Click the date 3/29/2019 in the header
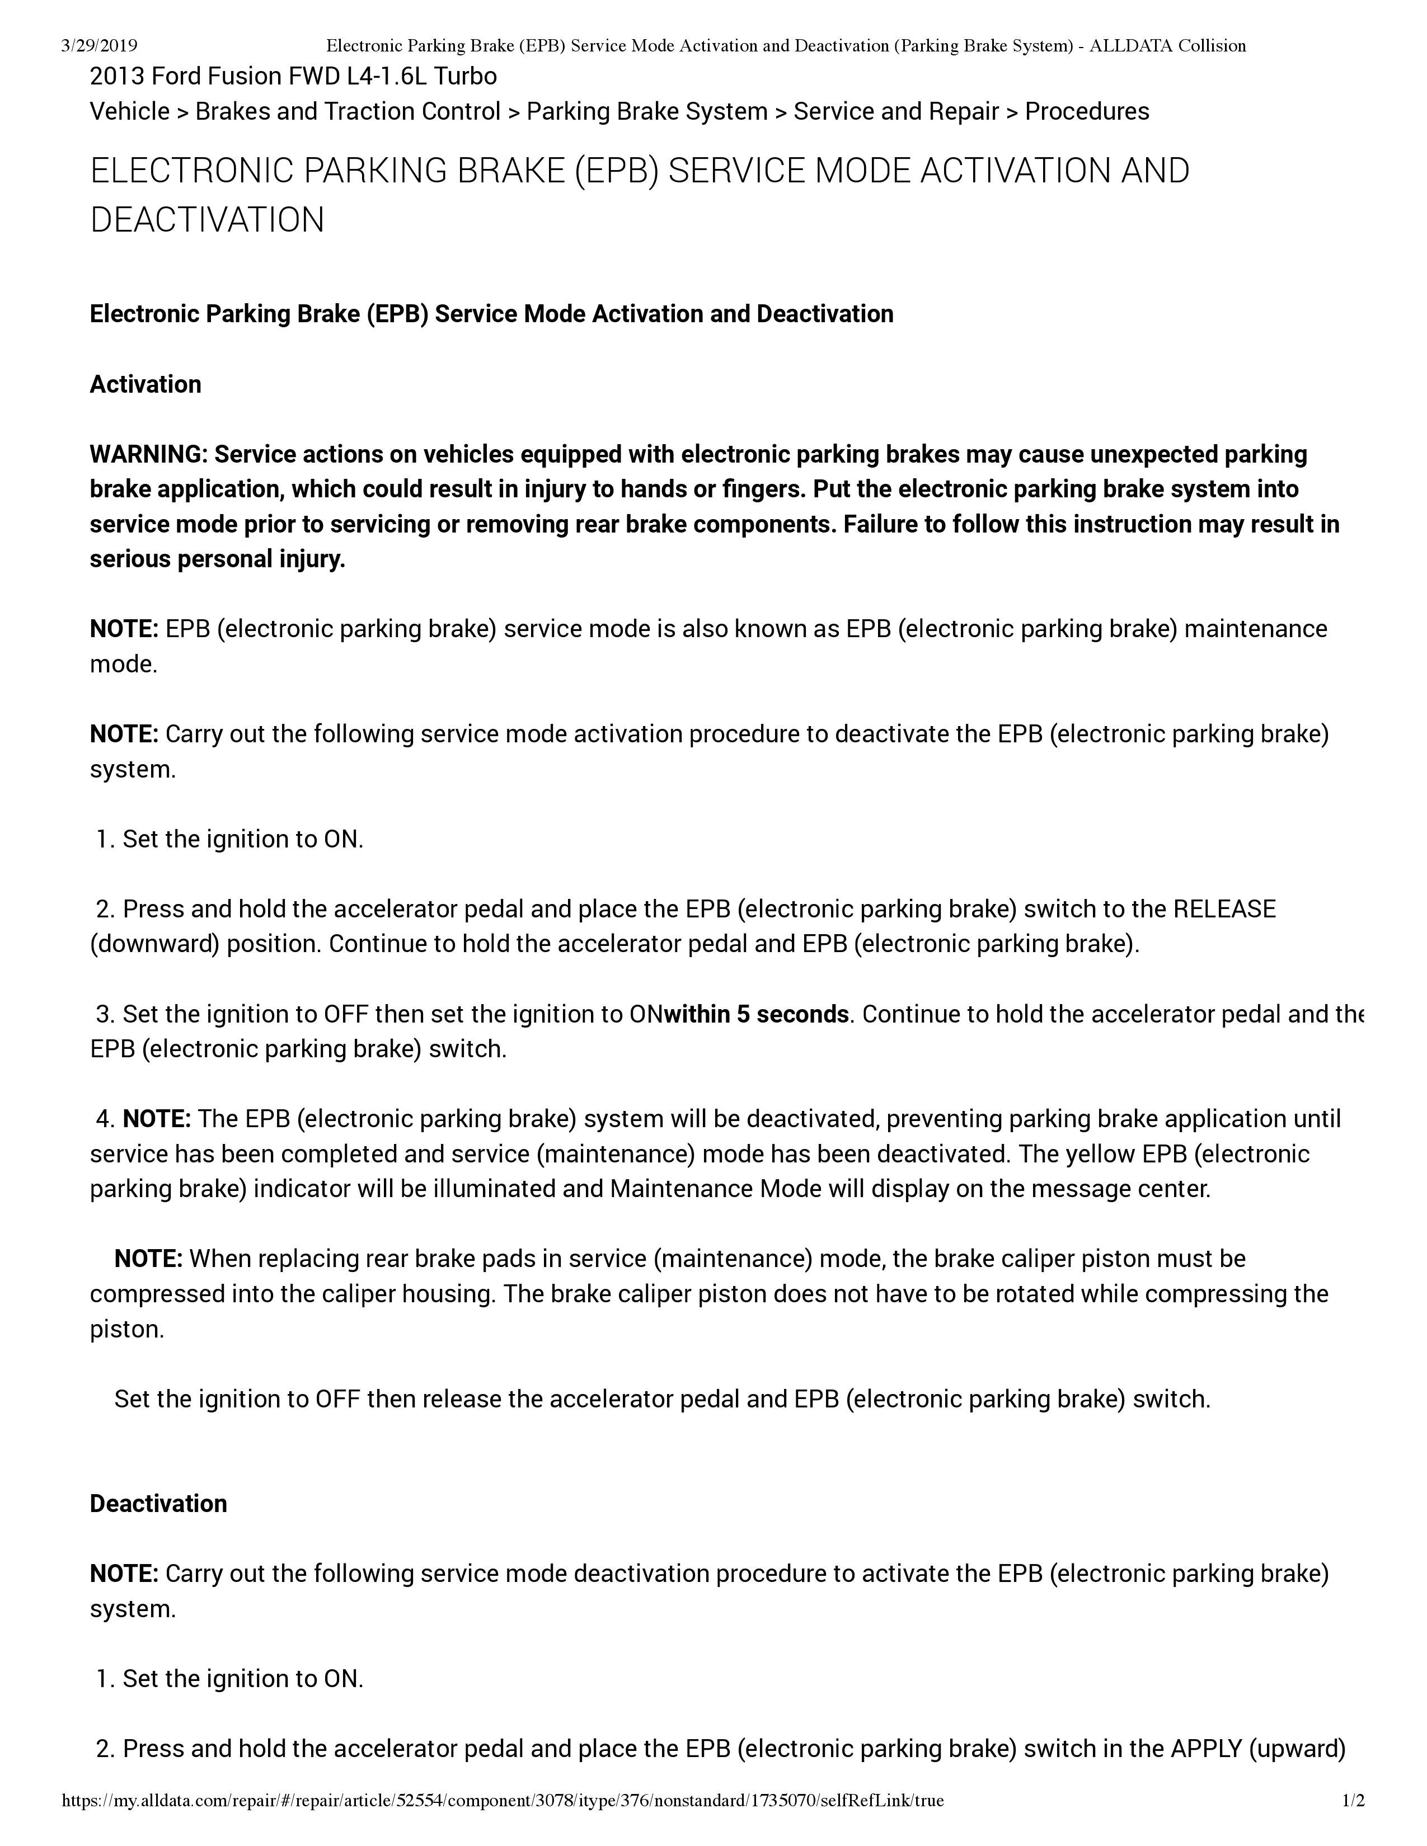pos(100,46)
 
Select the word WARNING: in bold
pos(148,455)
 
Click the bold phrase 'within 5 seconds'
pos(757,1014)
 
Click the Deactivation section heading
pos(158,1504)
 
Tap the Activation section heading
pos(145,385)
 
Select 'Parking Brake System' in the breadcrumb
pos(647,111)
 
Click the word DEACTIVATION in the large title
pos(207,220)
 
